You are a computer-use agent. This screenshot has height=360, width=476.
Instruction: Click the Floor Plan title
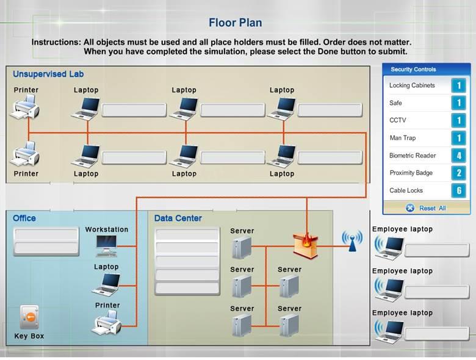point(235,23)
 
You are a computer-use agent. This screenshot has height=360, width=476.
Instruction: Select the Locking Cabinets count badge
point(458,85)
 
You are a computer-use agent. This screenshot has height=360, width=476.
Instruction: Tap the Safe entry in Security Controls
point(395,103)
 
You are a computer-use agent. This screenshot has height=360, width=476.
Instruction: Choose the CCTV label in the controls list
point(397,120)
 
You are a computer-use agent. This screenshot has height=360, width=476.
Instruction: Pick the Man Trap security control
point(402,138)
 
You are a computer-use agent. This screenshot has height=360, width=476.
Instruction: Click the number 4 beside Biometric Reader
point(458,156)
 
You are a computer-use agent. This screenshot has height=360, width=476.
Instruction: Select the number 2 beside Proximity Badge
point(458,173)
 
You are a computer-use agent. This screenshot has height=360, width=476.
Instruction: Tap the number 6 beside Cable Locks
point(458,190)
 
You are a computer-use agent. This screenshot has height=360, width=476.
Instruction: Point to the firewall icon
point(306,244)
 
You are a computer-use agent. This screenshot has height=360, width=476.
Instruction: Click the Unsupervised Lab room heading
point(48,74)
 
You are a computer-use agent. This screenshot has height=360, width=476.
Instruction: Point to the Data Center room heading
point(178,218)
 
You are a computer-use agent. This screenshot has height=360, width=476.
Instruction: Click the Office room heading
point(24,218)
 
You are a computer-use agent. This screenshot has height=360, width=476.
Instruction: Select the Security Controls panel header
point(413,70)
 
